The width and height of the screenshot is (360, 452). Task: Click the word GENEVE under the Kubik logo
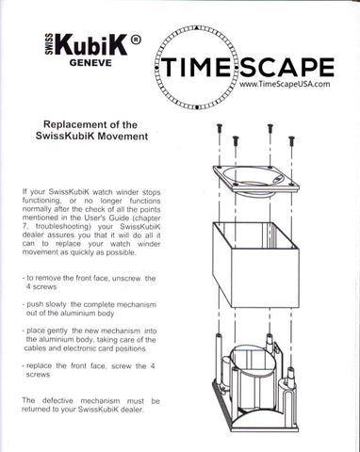pos(90,62)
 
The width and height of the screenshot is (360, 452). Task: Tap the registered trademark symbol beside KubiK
pos(136,40)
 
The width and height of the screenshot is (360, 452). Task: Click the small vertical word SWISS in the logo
pos(49,44)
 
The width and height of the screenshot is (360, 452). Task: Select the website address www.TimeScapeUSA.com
pos(285,84)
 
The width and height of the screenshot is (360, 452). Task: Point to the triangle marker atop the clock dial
pos(196,28)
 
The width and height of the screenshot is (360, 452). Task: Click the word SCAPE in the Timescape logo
pos(286,67)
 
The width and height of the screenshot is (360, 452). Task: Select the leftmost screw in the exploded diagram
pos(220,129)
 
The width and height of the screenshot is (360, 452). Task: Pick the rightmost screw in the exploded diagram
pos(291,141)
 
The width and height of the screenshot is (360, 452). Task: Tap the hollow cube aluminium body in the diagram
pos(255,265)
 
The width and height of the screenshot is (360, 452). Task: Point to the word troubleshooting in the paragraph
pos(59,226)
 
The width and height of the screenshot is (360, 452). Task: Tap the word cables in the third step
pos(34,348)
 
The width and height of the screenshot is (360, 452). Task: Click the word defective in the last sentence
pos(57,401)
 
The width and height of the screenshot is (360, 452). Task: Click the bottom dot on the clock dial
pos(197,107)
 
